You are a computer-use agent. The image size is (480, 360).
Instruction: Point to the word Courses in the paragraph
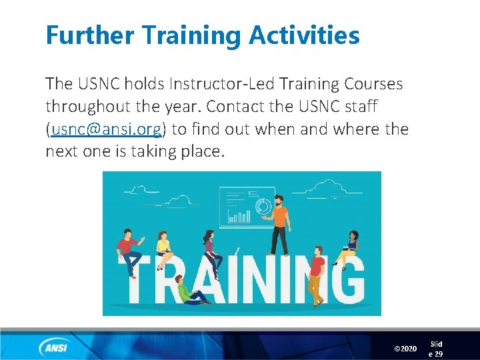click(x=373, y=84)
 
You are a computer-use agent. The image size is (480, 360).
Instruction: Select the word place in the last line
click(x=199, y=151)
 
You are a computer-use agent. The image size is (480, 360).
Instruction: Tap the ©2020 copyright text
click(x=405, y=349)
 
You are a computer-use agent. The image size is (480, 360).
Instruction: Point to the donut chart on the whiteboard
click(x=263, y=206)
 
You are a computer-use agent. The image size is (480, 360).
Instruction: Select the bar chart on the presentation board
click(x=238, y=216)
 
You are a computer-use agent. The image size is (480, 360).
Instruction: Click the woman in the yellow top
click(x=163, y=248)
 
